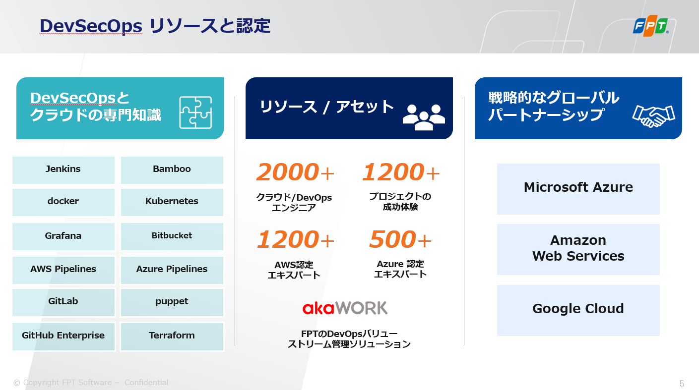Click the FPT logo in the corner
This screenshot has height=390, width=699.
point(651,26)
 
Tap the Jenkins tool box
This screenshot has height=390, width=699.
point(64,170)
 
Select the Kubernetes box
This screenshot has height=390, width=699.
point(172,202)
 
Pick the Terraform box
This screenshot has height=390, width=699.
point(172,336)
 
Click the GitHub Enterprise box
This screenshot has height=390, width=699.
point(64,336)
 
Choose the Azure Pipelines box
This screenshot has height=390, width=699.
point(172,270)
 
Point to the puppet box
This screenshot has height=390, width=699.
point(172,302)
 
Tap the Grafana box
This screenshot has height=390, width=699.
point(64,236)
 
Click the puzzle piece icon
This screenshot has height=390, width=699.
point(195,112)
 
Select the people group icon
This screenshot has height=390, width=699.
point(424,117)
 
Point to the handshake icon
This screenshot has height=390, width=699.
point(653,116)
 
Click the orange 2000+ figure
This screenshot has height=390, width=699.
point(295,172)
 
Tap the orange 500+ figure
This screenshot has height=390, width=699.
point(400,239)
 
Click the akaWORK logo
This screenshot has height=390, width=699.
point(345,308)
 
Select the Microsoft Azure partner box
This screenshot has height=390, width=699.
point(578,189)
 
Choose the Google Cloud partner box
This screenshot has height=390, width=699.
point(578,310)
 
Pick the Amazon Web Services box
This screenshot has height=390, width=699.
point(578,249)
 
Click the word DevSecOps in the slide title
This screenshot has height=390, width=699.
point(91,26)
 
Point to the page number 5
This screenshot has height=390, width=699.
point(682,383)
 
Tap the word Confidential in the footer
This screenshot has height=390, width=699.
point(146,382)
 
